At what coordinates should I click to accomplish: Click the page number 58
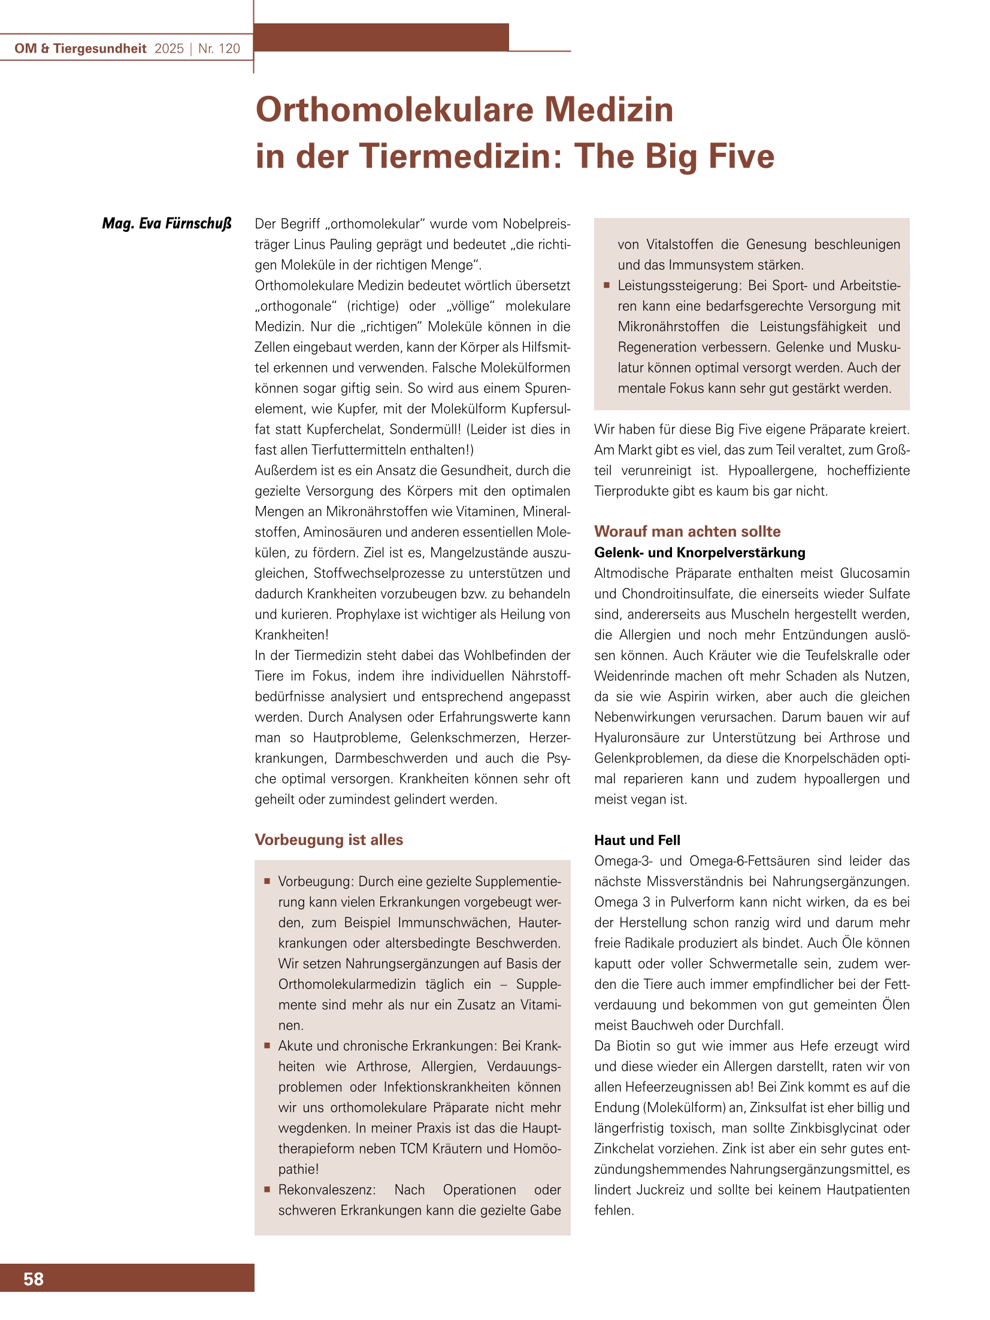click(34, 1279)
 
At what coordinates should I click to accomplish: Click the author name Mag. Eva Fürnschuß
click(166, 224)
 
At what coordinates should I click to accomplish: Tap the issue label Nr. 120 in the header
click(219, 49)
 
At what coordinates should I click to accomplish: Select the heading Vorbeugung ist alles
click(329, 840)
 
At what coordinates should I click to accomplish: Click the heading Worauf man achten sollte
click(687, 531)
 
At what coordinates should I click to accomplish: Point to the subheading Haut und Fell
click(637, 840)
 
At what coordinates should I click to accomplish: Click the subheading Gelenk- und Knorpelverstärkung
click(699, 552)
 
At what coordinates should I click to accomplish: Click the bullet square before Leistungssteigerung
click(606, 286)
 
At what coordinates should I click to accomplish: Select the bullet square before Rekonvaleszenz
click(267, 1189)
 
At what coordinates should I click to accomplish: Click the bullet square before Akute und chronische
click(267, 1046)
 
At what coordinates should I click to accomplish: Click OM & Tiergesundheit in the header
click(80, 49)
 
